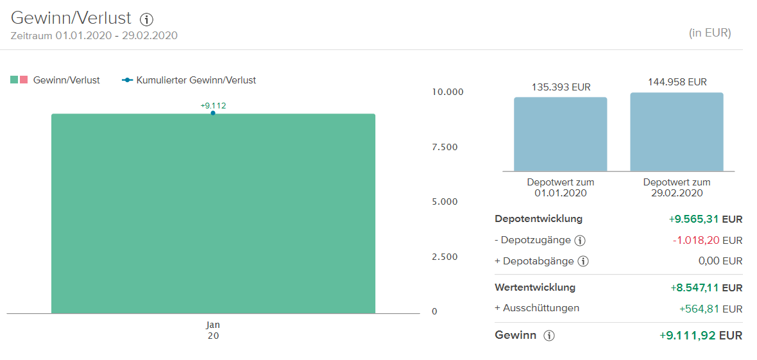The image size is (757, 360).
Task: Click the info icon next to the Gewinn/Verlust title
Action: click(x=146, y=19)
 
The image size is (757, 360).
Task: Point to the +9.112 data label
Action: click(x=213, y=106)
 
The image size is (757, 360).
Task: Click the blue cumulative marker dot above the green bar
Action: click(x=213, y=114)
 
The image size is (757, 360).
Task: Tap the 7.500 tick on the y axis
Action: click(x=445, y=147)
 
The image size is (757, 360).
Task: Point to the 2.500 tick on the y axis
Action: click(x=445, y=257)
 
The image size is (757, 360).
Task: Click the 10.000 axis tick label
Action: click(x=447, y=92)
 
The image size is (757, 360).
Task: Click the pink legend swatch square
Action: click(x=24, y=80)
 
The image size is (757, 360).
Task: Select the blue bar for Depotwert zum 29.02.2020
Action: click(x=677, y=132)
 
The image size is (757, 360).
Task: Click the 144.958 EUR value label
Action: click(x=677, y=82)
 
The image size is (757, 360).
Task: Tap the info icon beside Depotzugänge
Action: click(x=580, y=241)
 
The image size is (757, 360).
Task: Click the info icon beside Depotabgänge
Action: click(x=583, y=261)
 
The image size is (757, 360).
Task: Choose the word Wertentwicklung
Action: click(x=535, y=287)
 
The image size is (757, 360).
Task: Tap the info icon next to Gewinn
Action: click(x=549, y=336)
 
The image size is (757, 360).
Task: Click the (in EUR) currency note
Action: click(x=710, y=33)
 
